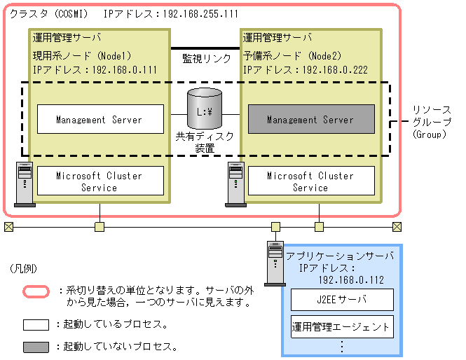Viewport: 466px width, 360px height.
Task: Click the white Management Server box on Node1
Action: (x=100, y=119)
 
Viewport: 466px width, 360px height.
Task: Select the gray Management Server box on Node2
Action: (x=311, y=119)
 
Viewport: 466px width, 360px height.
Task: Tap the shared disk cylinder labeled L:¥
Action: (x=205, y=109)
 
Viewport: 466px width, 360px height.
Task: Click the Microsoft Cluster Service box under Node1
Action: (x=100, y=181)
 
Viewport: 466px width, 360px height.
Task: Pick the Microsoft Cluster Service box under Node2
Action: (x=311, y=181)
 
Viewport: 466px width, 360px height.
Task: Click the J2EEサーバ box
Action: (x=342, y=300)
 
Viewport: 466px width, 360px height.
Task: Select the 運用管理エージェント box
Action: (x=342, y=327)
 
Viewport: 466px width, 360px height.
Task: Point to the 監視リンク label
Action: (x=207, y=59)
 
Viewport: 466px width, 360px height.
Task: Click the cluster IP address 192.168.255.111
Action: (x=200, y=14)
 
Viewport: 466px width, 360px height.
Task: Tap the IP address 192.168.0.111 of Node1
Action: (x=125, y=70)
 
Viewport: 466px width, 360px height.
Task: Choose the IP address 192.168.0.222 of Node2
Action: (x=335, y=70)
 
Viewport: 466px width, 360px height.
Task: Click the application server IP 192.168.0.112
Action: (x=351, y=279)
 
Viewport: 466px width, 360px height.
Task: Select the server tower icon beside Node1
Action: (x=25, y=184)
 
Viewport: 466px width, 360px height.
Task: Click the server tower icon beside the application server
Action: (x=275, y=263)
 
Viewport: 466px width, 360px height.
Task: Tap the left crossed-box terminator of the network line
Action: (x=9, y=227)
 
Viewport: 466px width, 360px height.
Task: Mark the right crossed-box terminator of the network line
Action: (x=397, y=227)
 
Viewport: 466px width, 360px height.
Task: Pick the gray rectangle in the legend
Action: (x=36, y=347)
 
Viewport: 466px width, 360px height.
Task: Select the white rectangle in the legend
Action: (x=36, y=325)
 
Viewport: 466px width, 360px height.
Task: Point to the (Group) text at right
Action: (x=429, y=134)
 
